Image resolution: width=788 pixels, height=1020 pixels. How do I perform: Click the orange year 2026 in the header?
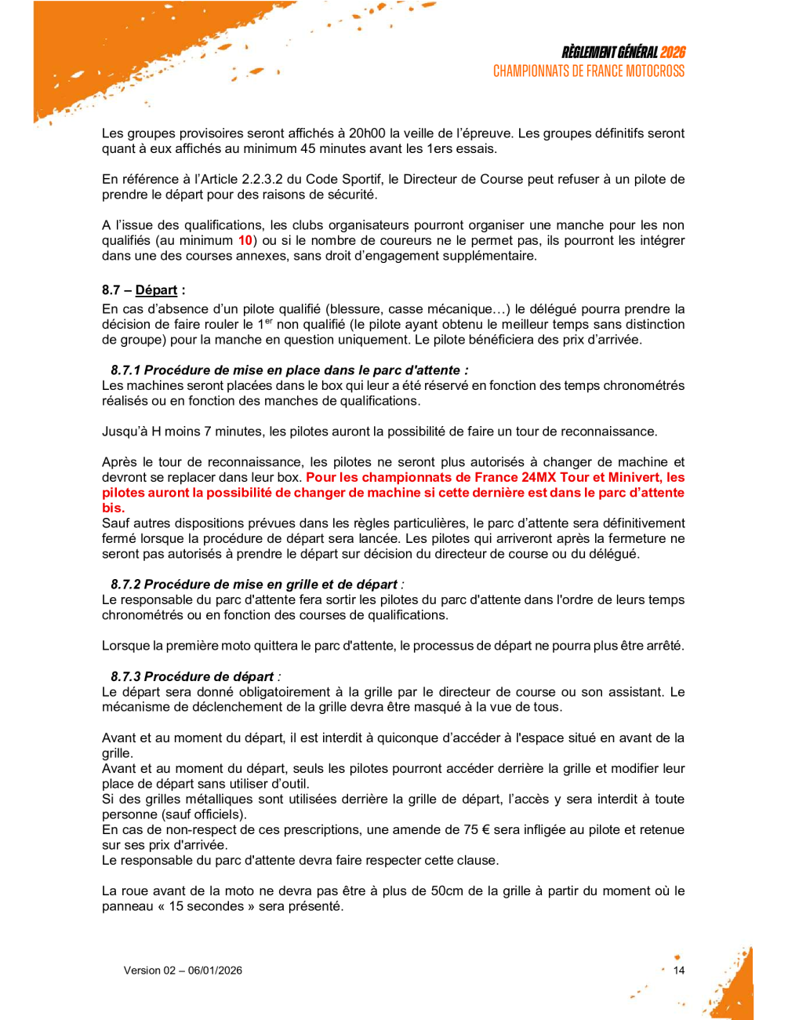click(x=672, y=53)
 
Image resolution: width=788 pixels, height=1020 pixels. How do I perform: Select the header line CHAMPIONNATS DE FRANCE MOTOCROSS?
click(x=589, y=71)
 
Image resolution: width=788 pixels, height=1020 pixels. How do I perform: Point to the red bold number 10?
click(x=245, y=241)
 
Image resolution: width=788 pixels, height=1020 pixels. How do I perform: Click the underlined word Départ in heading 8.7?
click(x=156, y=290)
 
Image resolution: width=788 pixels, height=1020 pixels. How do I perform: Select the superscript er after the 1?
click(x=268, y=321)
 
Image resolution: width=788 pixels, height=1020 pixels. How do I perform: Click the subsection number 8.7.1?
click(x=125, y=370)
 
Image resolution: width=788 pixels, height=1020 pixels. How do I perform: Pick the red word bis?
click(x=113, y=508)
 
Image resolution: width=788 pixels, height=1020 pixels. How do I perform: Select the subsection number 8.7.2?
click(x=125, y=585)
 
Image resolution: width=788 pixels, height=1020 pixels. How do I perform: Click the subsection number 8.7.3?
click(x=125, y=676)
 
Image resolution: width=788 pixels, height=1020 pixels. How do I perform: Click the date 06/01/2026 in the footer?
click(x=215, y=971)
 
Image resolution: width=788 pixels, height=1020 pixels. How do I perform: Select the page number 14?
click(x=679, y=971)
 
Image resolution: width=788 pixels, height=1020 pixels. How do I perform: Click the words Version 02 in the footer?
click(x=149, y=971)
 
